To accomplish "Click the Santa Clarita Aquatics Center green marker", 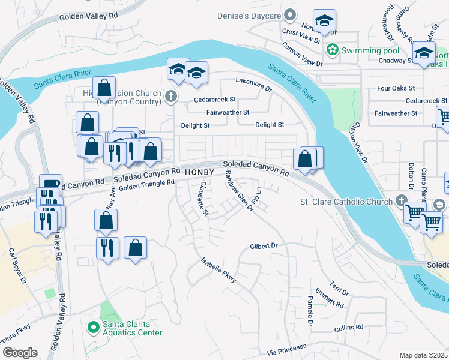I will click(x=92, y=328).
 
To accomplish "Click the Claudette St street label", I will click(x=203, y=199).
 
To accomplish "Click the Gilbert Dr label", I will click(x=265, y=246).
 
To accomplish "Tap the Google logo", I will click(x=19, y=353).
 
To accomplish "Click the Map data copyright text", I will click(x=423, y=355).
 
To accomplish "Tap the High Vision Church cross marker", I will click(x=171, y=94).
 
